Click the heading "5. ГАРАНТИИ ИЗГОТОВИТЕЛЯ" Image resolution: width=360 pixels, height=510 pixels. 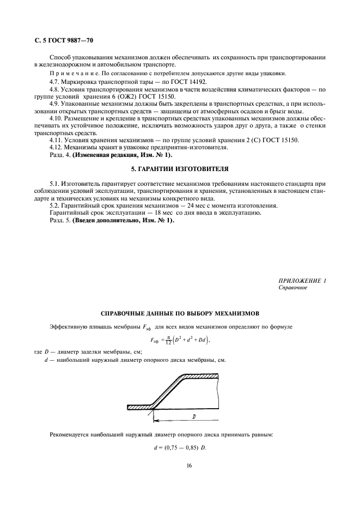coord(179,168)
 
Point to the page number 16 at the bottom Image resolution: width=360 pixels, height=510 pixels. coord(180,466)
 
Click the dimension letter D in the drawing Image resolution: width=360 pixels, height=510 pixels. coord(194,416)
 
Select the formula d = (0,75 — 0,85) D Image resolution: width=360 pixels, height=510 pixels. coord(180,448)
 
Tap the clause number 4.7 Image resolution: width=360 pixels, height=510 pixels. coord(54,81)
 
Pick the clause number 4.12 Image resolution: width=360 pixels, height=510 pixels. coord(57,147)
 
